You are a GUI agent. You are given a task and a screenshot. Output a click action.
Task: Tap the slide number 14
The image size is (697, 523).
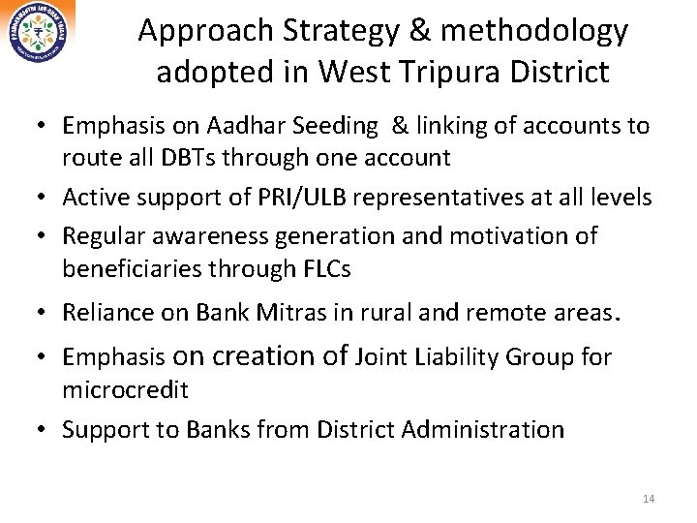pyautogui.click(x=649, y=499)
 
